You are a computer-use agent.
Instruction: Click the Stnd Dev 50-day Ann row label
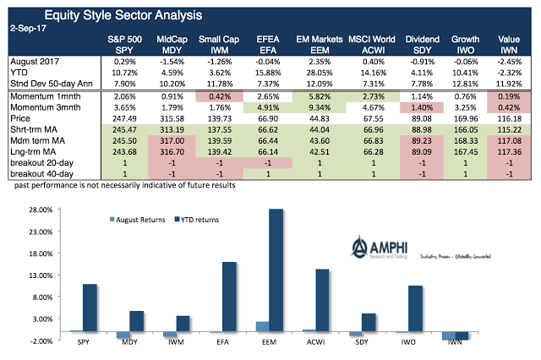coord(51,84)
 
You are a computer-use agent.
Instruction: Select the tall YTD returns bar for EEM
coord(276,270)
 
